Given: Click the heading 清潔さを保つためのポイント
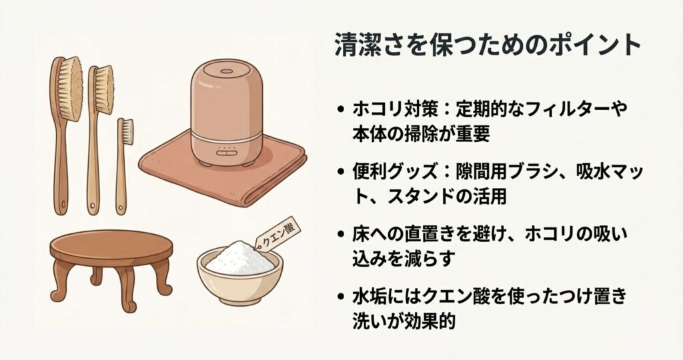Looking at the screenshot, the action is tap(488, 46).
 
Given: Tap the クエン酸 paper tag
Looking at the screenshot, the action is tap(276, 233).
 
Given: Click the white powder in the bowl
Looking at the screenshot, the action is tap(239, 259).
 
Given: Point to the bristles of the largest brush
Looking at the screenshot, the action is tap(70, 88).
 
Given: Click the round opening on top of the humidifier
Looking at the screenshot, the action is tap(227, 71).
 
